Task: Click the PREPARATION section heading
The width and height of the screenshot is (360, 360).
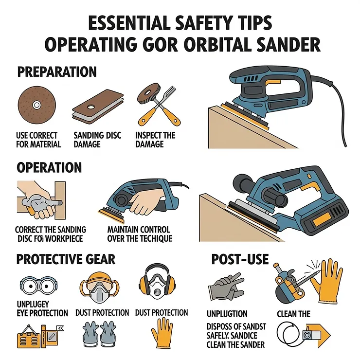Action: [x=57, y=72]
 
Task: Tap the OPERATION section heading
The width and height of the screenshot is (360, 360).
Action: [x=49, y=167]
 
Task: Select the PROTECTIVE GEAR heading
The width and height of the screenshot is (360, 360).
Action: [x=66, y=258]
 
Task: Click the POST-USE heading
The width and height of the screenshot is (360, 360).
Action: [x=240, y=259]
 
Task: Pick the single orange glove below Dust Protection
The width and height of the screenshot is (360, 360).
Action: [x=162, y=333]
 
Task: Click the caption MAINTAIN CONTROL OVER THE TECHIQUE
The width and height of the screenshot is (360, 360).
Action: [x=139, y=234]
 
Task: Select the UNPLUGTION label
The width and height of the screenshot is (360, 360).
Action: [x=227, y=314]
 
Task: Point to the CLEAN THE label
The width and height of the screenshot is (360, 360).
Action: [x=293, y=314]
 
